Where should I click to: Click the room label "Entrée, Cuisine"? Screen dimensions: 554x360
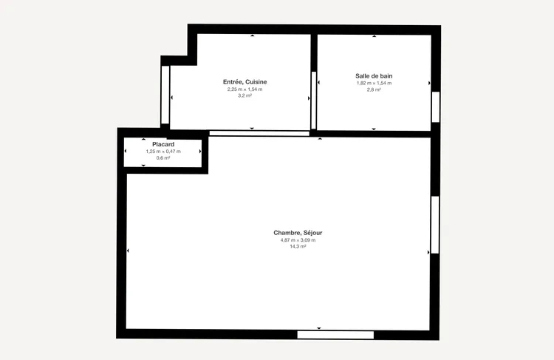tap(244, 82)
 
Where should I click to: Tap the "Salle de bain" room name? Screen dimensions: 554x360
tap(374, 75)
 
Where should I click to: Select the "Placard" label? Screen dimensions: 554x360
tap(163, 144)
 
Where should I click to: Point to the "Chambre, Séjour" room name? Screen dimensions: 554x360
tap(298, 233)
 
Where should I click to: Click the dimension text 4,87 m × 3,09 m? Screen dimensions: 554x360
tap(298, 240)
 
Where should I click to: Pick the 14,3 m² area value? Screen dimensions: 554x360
tap(298, 246)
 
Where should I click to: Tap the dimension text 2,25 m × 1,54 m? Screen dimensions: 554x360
tap(244, 89)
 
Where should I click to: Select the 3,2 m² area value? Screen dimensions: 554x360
tap(244, 95)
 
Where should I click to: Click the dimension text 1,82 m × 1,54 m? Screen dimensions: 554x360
tap(374, 83)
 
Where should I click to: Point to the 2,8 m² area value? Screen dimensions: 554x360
tap(374, 90)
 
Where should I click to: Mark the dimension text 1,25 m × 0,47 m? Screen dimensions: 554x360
tap(163, 152)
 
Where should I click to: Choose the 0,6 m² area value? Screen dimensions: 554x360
tap(163, 158)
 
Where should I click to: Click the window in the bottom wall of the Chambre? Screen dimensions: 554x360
tap(335, 335)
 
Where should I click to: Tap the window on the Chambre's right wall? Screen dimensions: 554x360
tap(435, 225)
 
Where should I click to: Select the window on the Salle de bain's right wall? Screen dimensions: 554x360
tap(436, 106)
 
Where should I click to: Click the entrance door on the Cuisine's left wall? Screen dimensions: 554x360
tap(165, 95)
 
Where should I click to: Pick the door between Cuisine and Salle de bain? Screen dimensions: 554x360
tap(314, 101)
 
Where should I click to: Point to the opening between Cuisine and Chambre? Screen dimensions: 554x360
tap(259, 133)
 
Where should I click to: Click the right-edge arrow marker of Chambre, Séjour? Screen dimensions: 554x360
tap(428, 253)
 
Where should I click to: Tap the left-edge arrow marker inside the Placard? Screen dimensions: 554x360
tap(126, 151)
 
